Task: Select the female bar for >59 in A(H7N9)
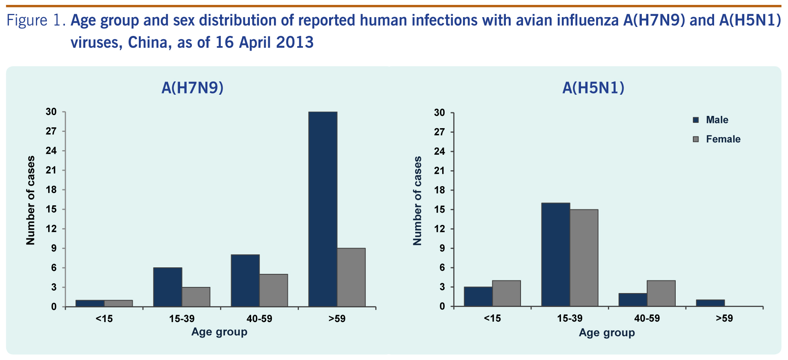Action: click(x=351, y=277)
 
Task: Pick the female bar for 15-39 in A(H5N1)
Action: click(x=584, y=258)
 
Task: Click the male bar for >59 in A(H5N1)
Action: click(x=710, y=303)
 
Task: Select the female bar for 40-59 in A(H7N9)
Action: click(x=274, y=290)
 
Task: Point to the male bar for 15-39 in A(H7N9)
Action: click(x=167, y=287)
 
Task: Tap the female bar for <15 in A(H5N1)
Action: click(x=506, y=293)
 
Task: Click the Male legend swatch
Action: click(x=696, y=120)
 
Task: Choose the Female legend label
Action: click(x=723, y=139)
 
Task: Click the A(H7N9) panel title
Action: click(x=192, y=88)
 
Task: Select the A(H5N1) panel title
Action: click(x=593, y=88)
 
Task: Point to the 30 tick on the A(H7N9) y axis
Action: click(x=51, y=112)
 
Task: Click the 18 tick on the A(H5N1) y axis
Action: click(x=439, y=190)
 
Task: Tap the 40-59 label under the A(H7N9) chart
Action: click(x=259, y=319)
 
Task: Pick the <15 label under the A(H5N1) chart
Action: click(x=492, y=319)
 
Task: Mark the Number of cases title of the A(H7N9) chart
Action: click(x=31, y=200)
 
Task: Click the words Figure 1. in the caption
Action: click(x=36, y=20)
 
